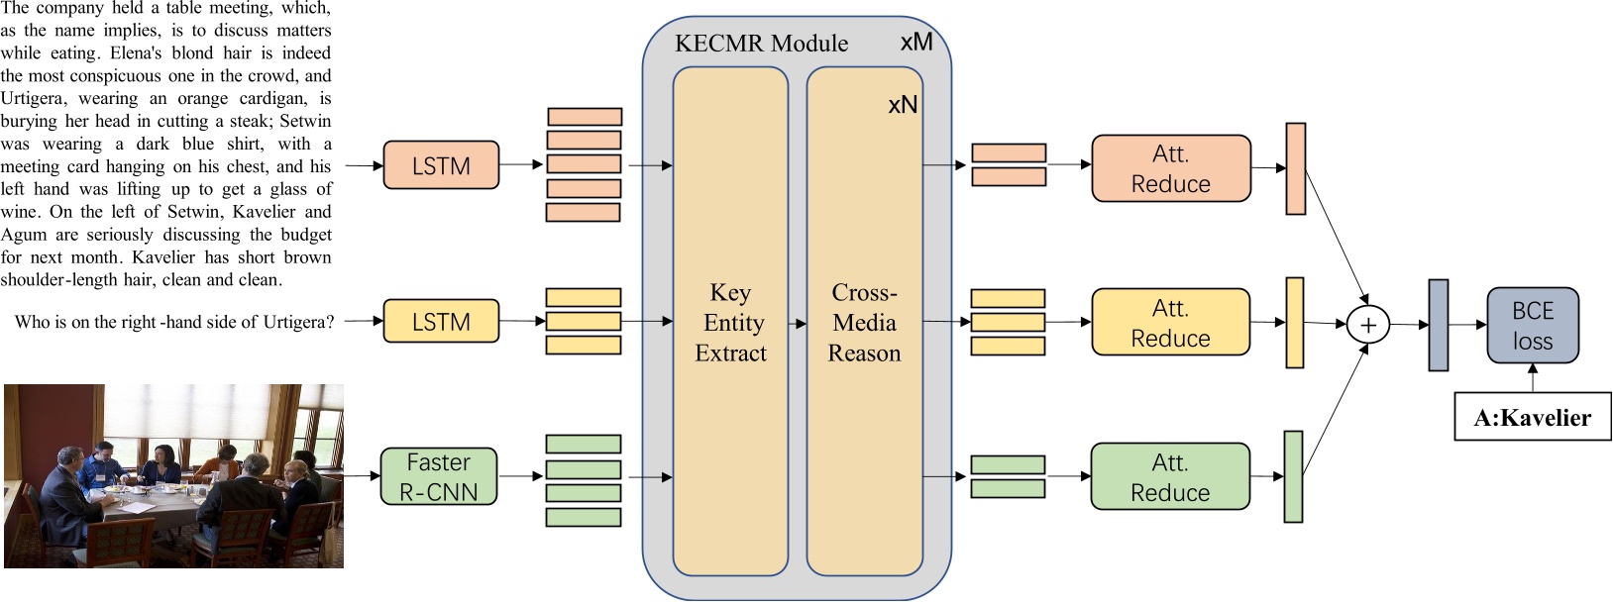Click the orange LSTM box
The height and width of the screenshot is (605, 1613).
(441, 165)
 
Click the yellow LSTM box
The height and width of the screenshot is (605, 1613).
(441, 321)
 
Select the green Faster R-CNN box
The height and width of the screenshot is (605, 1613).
(439, 476)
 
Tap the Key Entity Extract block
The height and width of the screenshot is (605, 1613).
(730, 322)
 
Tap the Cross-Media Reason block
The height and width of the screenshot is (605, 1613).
(864, 322)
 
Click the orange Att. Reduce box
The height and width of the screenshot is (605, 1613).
(1170, 168)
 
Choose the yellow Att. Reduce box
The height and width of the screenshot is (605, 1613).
(1170, 322)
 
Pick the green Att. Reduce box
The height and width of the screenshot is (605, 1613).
(1170, 476)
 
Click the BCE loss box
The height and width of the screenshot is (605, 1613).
(1532, 325)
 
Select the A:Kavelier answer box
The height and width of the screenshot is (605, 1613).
(1532, 417)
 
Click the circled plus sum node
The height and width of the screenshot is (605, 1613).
(1367, 324)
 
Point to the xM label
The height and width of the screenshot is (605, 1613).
(915, 43)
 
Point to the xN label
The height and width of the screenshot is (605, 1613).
(902, 105)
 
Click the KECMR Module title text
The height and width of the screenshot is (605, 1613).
(761, 44)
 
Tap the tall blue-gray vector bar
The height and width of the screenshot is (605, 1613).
(1438, 325)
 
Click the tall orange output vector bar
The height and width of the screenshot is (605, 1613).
(1295, 168)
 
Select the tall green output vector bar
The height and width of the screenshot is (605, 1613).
(1293, 476)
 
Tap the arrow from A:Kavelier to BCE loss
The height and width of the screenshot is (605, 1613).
(1532, 378)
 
